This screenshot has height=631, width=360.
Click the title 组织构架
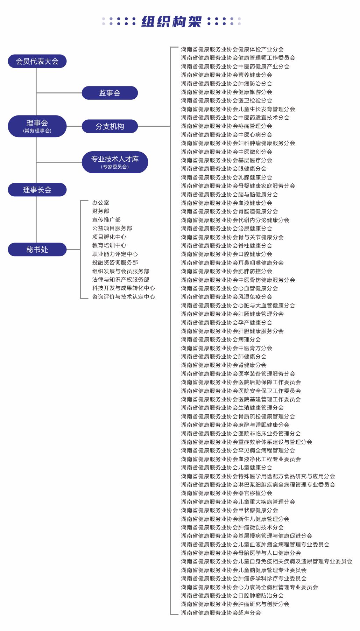[171, 22]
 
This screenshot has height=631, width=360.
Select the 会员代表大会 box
[37, 61]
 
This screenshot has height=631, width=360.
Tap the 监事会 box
[110, 93]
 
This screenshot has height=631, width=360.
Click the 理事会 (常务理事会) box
[37, 126]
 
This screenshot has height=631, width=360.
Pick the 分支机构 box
[110, 126]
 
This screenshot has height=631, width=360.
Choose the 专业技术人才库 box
[115, 162]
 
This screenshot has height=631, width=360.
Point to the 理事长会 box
[37, 190]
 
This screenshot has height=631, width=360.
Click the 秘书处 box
[37, 250]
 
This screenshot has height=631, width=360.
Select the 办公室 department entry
[101, 203]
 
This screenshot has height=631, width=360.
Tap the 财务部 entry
[101, 211]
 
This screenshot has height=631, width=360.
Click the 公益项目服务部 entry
[112, 228]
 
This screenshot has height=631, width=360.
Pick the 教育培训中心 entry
[109, 245]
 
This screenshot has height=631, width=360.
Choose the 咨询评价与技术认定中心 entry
[123, 297]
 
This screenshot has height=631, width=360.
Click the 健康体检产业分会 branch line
[232, 49]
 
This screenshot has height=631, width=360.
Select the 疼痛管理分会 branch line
[227, 126]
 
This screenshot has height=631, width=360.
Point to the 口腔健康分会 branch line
[227, 254]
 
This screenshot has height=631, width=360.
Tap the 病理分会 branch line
[221, 339]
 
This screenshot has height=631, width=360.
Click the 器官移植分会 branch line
[227, 493]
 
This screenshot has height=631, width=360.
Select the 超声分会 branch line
[221, 613]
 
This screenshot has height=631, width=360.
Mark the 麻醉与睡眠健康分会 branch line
[235, 425]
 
